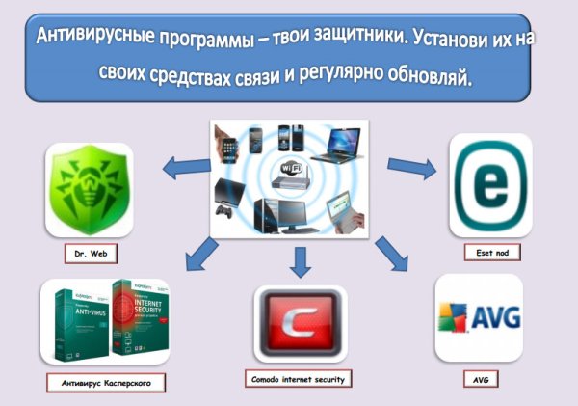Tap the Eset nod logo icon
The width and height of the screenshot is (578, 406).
click(x=489, y=184)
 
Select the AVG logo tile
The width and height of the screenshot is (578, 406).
click(x=479, y=318)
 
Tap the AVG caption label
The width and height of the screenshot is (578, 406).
click(x=480, y=380)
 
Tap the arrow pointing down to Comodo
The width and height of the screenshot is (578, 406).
click(x=299, y=258)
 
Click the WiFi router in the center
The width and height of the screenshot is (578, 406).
click(x=293, y=175)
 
